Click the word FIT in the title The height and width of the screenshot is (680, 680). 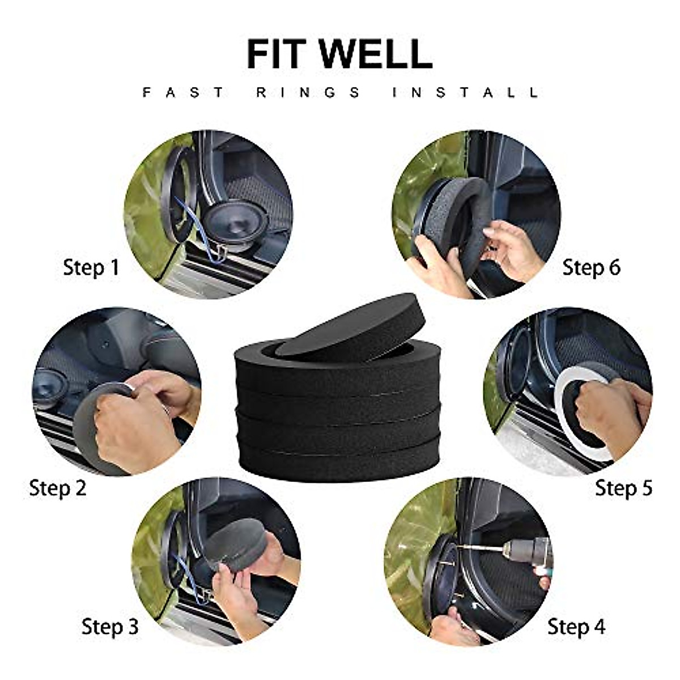pyautogui.click(x=278, y=54)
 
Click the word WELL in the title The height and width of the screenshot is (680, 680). pyautogui.click(x=376, y=54)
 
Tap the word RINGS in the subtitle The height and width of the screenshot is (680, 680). pyautogui.click(x=308, y=92)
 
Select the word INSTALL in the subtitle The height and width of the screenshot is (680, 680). pyautogui.click(x=465, y=92)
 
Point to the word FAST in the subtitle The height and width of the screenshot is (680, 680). pyautogui.click(x=184, y=92)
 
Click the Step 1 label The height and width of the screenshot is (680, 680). pyautogui.click(x=91, y=267)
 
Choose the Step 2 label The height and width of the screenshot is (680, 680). pyautogui.click(x=58, y=488)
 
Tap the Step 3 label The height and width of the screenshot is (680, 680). pyautogui.click(x=110, y=627)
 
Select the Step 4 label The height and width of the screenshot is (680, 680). pyautogui.click(x=576, y=627)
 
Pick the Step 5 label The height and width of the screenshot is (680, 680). pyautogui.click(x=623, y=488)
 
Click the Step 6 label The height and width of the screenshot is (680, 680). pyautogui.click(x=591, y=267)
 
